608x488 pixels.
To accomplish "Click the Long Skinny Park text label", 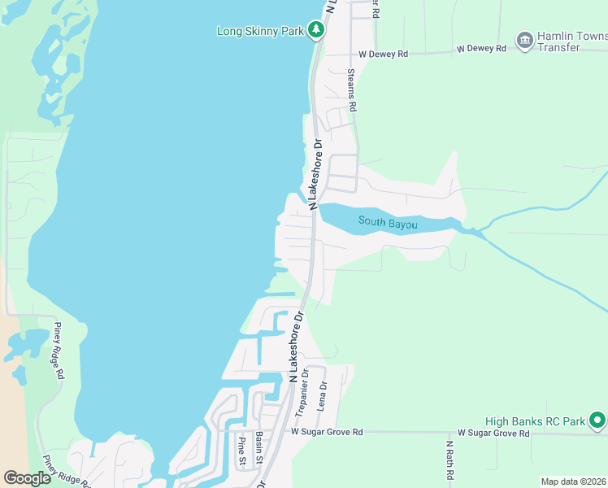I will pyautogui.click(x=259, y=32).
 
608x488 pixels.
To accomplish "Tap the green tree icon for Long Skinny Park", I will pyautogui.click(x=316, y=31).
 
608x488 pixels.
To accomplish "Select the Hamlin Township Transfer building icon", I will pyautogui.click(x=525, y=39).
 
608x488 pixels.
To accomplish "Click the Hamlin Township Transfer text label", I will pyautogui.click(x=572, y=41).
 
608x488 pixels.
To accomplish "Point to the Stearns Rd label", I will pyautogui.click(x=352, y=89).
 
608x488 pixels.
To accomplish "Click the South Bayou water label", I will pyautogui.click(x=388, y=222).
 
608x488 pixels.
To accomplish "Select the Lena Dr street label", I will pyautogui.click(x=323, y=396).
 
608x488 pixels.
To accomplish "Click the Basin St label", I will pyautogui.click(x=258, y=450).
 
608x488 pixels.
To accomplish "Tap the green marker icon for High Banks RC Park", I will pyautogui.click(x=597, y=420).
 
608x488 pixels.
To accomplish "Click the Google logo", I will pyautogui.click(x=27, y=478).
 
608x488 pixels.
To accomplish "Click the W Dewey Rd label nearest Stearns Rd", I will pyautogui.click(x=384, y=54).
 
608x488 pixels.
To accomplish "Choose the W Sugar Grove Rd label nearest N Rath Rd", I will pyautogui.click(x=493, y=434).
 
